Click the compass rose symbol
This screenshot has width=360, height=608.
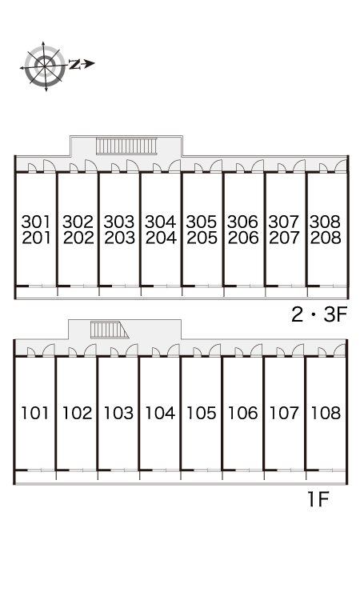[x=45, y=66]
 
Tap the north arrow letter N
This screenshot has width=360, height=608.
[x=74, y=64]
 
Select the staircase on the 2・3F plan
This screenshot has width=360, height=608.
[x=126, y=146]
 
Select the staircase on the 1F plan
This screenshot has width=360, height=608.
[x=110, y=330]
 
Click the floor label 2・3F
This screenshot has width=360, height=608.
[x=319, y=314]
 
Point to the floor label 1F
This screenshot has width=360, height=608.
[x=318, y=499]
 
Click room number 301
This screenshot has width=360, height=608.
[x=36, y=222]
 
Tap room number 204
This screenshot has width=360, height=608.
[x=161, y=238]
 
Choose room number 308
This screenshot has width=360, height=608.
[x=325, y=222]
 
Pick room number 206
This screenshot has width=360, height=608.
[x=243, y=238]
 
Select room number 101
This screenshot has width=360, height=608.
[x=35, y=413]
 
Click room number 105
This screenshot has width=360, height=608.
[x=202, y=413]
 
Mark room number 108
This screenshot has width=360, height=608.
[x=326, y=413]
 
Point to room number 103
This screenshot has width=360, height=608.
[x=118, y=413]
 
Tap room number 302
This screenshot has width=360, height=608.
[x=78, y=222]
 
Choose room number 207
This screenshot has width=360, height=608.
[x=284, y=238]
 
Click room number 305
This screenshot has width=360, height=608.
[x=202, y=222]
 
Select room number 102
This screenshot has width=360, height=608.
[x=77, y=413]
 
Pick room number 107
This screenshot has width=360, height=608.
[x=284, y=413]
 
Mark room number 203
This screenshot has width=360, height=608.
[x=120, y=238]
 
